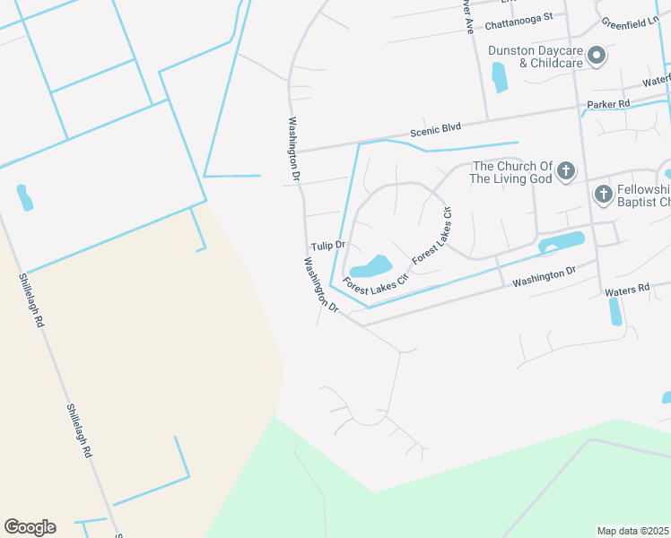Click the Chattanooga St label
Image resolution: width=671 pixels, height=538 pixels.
click(x=519, y=16)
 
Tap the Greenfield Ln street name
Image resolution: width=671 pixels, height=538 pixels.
click(x=632, y=21)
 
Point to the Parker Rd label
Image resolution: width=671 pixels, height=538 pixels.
click(x=608, y=104)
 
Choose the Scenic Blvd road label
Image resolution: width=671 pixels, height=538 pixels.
click(x=434, y=130)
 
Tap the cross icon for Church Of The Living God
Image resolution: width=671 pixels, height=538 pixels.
click(x=566, y=170)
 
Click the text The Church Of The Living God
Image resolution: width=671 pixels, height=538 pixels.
click(x=512, y=172)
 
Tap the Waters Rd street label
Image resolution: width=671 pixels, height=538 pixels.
click(x=626, y=291)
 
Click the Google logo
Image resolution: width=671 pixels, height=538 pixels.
click(x=30, y=527)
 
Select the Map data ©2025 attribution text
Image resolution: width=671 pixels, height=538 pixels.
click(x=632, y=531)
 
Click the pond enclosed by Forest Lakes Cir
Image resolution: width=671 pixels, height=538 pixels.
click(x=371, y=267)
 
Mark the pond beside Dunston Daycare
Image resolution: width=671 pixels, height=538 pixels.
click(x=499, y=77)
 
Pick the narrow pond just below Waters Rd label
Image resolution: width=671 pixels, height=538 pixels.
click(x=615, y=311)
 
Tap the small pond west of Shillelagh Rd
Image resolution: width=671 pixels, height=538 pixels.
click(x=24, y=197)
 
